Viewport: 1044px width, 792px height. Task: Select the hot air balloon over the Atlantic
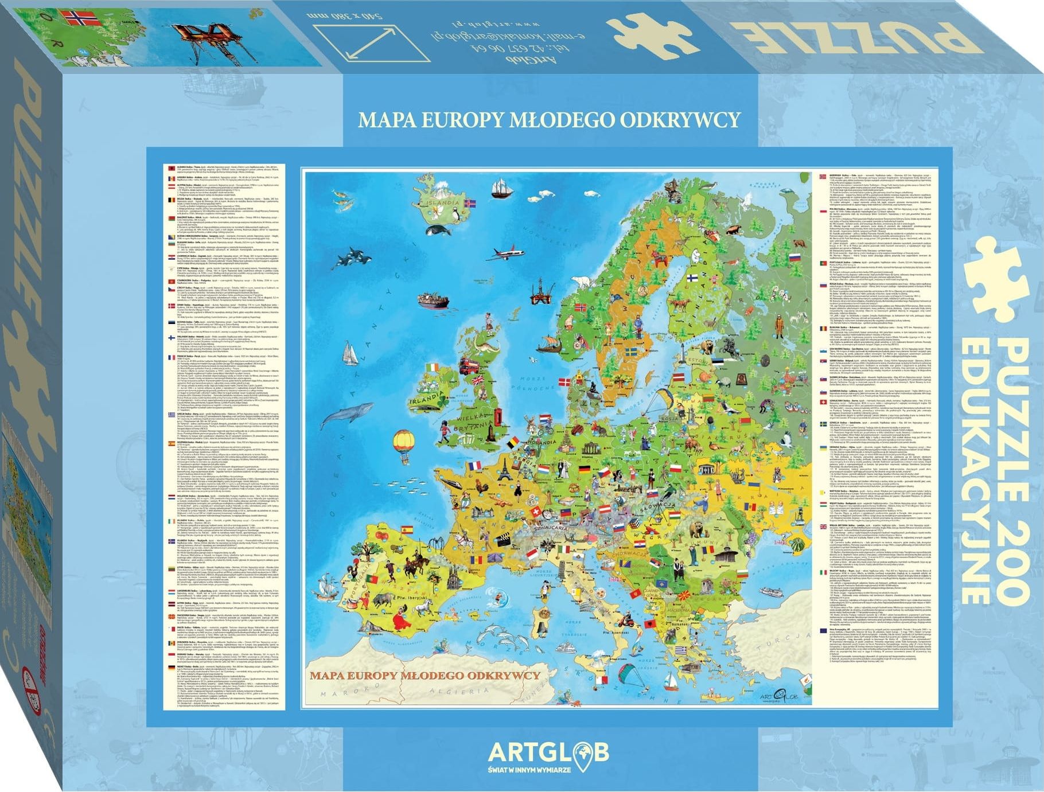click(404, 442)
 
